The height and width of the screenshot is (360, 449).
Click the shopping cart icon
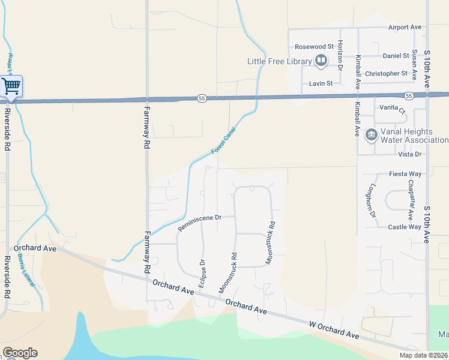(x=11, y=86)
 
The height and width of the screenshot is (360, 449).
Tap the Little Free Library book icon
(x=322, y=61)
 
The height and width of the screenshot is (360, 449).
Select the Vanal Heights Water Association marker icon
(x=371, y=135)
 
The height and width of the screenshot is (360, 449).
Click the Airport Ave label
(x=405, y=27)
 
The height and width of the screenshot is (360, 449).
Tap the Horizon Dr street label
(x=340, y=53)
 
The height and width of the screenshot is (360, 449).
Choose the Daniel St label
(x=396, y=56)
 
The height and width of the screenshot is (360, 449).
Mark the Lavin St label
(x=321, y=83)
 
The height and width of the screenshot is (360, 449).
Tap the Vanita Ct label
(x=393, y=109)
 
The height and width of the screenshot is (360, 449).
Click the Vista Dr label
(x=410, y=154)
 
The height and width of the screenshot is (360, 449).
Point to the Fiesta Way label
(x=405, y=174)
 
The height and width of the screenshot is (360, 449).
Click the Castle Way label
(x=405, y=227)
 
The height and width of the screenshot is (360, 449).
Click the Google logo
(x=20, y=353)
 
